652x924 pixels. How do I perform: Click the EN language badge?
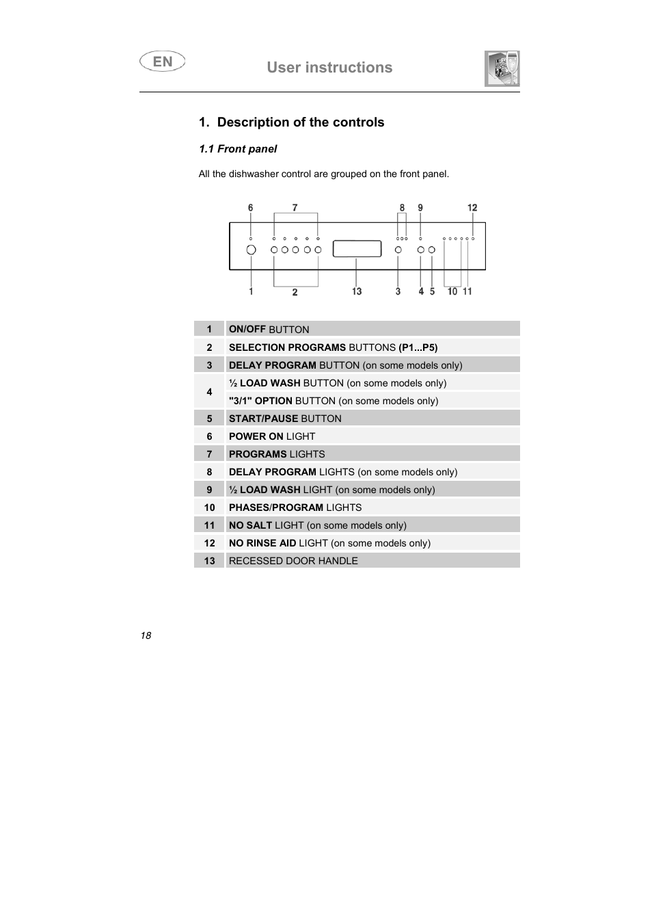click(x=163, y=62)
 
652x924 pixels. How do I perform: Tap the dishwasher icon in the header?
click(x=502, y=68)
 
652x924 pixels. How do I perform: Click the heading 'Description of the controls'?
click(x=301, y=122)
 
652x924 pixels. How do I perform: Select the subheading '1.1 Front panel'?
click(x=238, y=149)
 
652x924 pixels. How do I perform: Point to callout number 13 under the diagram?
click(x=357, y=291)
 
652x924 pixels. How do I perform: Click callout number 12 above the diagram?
click(x=472, y=208)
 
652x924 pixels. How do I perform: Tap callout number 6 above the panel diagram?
click(x=251, y=208)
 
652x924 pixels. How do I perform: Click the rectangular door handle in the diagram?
click(x=357, y=248)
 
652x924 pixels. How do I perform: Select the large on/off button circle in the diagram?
click(x=251, y=250)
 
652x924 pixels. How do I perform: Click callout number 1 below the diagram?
click(x=251, y=291)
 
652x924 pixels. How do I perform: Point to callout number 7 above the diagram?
click(x=295, y=208)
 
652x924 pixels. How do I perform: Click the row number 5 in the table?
click(x=209, y=419)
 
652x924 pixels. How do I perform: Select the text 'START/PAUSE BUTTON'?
click(x=285, y=419)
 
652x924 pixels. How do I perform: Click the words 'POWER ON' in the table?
click(x=256, y=436)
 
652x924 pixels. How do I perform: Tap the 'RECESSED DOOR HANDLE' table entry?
click(x=293, y=561)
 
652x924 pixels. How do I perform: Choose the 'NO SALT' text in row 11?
click(x=250, y=525)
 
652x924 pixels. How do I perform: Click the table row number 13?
click(x=209, y=561)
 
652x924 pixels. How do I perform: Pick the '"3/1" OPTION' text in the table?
click(x=260, y=401)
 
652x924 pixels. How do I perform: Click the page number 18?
click(x=146, y=635)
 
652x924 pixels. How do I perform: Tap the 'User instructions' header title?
click(x=329, y=67)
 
